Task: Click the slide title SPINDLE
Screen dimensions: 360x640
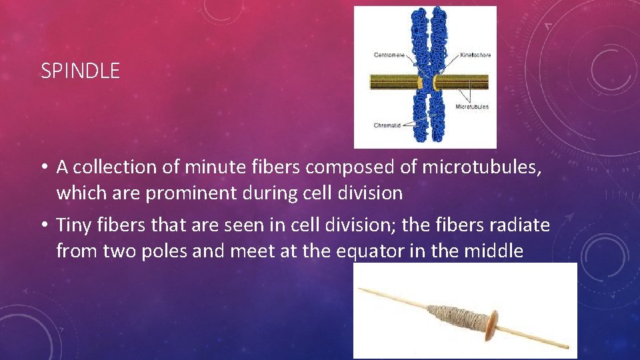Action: tap(80, 71)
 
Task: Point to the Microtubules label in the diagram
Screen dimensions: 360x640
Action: tap(472, 106)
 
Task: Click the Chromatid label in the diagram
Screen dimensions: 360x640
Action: tap(387, 125)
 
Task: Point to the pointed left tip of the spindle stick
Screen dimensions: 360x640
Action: tap(361, 289)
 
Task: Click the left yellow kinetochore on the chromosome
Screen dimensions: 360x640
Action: tap(421, 83)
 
